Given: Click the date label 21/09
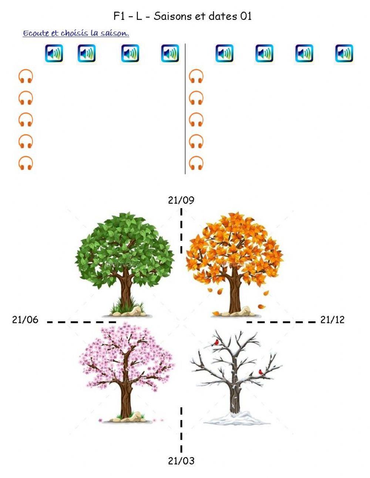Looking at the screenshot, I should point(181,200).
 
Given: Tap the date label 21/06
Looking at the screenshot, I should point(25,320).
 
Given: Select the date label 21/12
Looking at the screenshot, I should point(332,320).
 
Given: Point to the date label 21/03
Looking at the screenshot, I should point(181,461).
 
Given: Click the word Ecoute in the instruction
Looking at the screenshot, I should point(36,34).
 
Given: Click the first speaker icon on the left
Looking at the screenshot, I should point(54,54).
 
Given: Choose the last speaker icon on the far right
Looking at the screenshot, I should point(344,54).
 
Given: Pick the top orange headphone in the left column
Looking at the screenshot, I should point(26,77).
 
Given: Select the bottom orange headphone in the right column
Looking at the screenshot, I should point(196,163).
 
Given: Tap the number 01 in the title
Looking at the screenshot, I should point(246,16).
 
